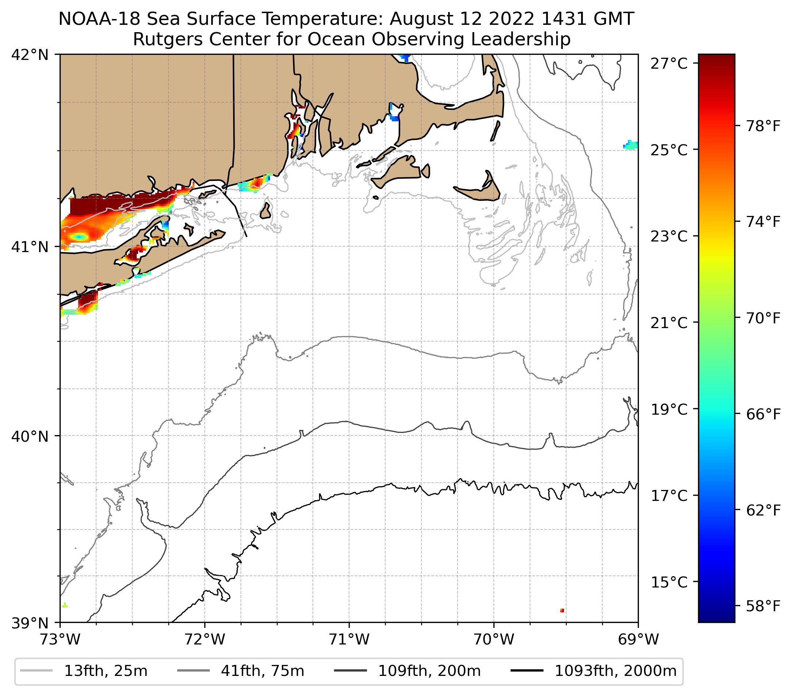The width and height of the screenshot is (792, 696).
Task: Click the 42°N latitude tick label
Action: tap(30, 55)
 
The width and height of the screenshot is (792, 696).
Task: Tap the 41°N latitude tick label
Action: tap(30, 247)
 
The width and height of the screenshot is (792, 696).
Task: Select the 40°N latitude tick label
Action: tap(30, 437)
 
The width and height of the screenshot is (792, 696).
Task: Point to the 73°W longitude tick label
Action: tap(60, 639)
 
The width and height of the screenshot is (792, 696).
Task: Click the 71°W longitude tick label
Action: tap(349, 639)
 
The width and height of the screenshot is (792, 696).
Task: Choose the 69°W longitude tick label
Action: tap(638, 639)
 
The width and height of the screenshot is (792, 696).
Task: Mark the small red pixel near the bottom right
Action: tap(562, 611)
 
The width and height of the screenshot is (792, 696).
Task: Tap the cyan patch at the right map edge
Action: tap(631, 145)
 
